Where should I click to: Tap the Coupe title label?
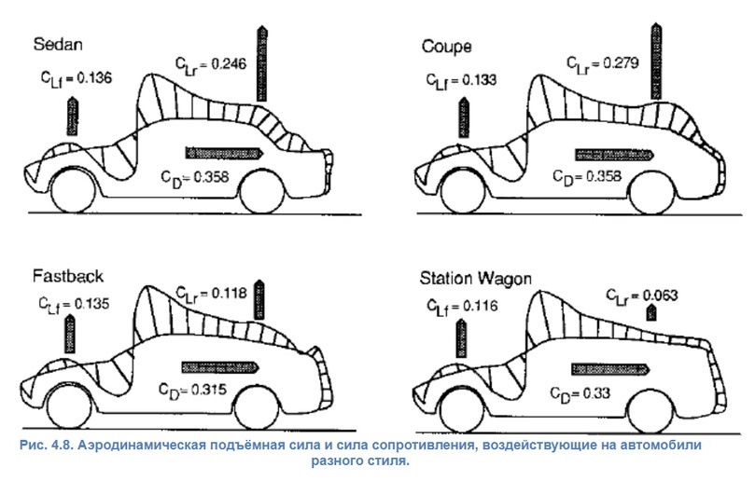[x=447, y=46]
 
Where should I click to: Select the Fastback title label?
[x=67, y=277]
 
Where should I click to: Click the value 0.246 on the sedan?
[x=228, y=63]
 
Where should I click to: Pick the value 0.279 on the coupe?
[x=620, y=63]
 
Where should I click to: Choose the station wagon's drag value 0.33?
[x=592, y=392]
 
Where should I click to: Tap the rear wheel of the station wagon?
[x=647, y=405]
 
